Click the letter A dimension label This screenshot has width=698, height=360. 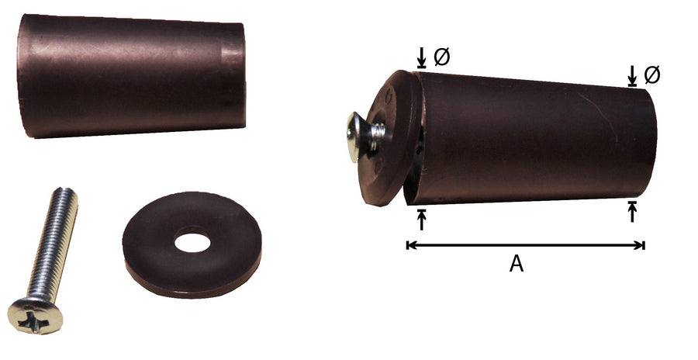[x=517, y=264]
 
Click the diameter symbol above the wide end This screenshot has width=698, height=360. [x=441, y=57]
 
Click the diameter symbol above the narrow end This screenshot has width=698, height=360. [x=652, y=75]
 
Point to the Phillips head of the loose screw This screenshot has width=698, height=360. [x=36, y=316]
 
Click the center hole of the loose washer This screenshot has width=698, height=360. [x=192, y=241]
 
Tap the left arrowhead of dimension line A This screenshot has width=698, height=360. [x=411, y=245]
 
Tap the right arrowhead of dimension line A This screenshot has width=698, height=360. [x=640, y=245]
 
